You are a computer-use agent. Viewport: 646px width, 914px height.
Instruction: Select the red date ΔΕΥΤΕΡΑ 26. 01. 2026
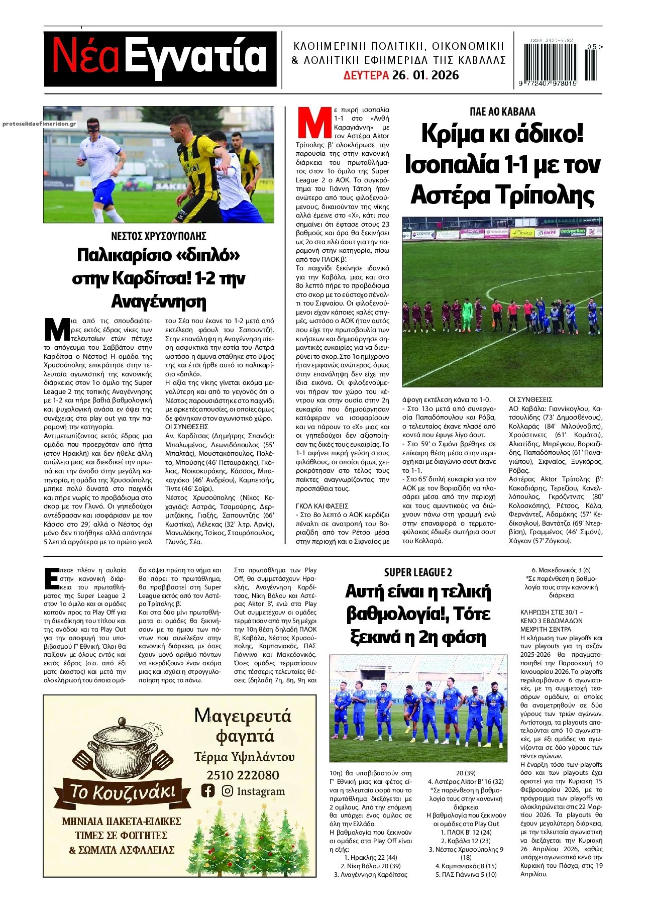tap(401, 75)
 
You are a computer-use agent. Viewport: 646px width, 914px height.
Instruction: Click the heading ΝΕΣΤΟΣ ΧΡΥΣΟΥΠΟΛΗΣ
tap(159, 236)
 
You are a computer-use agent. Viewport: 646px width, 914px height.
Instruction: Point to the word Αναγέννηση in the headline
tap(159, 301)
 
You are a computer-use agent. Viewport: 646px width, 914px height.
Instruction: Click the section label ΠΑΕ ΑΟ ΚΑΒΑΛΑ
tap(502, 112)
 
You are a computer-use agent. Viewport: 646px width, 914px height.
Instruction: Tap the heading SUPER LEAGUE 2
tap(418, 572)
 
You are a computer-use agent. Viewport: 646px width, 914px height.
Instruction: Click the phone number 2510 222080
tap(243, 775)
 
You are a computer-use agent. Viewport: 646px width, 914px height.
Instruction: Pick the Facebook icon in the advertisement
tap(207, 791)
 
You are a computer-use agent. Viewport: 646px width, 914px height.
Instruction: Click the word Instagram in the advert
tap(260, 791)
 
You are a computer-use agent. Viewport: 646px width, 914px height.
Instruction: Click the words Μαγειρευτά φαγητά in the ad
tap(243, 725)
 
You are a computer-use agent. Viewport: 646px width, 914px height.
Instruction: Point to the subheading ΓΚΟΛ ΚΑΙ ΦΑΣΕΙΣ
tap(322, 506)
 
